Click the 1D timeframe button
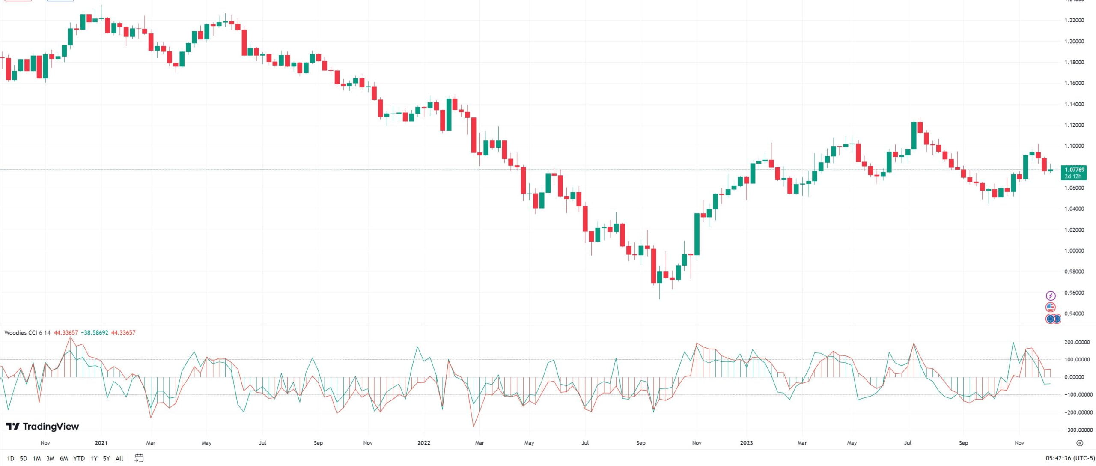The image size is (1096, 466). pyautogui.click(x=11, y=458)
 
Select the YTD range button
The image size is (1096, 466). pyautogui.click(x=79, y=458)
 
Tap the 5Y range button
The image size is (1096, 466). pyautogui.click(x=107, y=458)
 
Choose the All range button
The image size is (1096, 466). pyautogui.click(x=119, y=458)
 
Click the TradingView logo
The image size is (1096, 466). pyautogui.click(x=42, y=426)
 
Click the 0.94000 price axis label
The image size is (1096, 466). pyautogui.click(x=1074, y=314)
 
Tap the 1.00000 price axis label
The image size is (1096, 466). pyautogui.click(x=1074, y=251)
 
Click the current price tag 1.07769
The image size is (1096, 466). pyautogui.click(x=1074, y=170)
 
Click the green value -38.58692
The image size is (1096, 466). pyautogui.click(x=95, y=333)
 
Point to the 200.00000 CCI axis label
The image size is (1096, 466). pyautogui.click(x=1077, y=342)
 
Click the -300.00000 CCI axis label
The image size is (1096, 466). pyautogui.click(x=1075, y=430)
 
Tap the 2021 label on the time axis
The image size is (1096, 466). pyautogui.click(x=101, y=443)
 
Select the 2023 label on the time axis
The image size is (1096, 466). pyautogui.click(x=746, y=443)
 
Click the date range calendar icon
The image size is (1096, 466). pyautogui.click(x=139, y=458)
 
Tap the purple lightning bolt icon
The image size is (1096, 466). pyautogui.click(x=1051, y=296)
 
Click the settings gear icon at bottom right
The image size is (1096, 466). pyautogui.click(x=1080, y=443)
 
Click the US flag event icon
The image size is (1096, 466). pyautogui.click(x=1050, y=307)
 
